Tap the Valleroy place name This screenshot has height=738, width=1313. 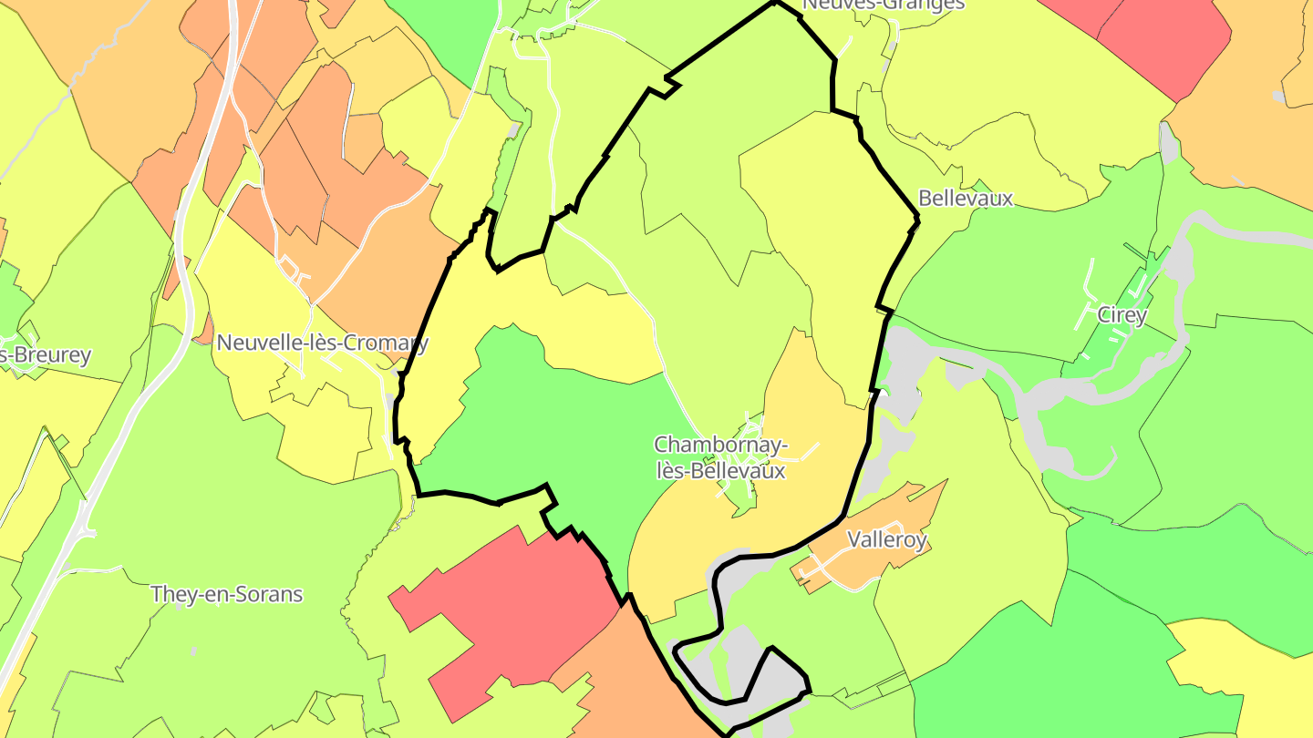point(886,539)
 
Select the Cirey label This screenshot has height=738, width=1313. point(1122,315)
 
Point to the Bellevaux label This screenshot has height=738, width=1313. point(966,199)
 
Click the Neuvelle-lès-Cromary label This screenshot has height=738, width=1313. point(322,343)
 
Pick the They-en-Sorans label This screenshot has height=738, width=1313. point(226,595)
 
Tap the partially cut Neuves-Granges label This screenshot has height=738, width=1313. point(883,5)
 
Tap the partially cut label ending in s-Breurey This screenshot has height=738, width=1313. point(46,354)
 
